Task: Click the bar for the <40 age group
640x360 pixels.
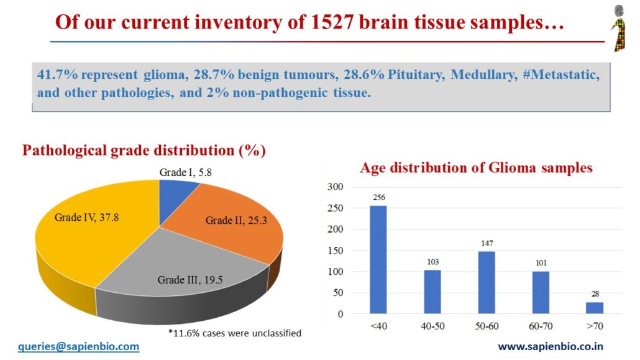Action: [x=378, y=260]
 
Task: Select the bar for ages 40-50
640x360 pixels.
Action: [x=432, y=292]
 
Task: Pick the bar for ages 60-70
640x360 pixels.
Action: [x=541, y=293]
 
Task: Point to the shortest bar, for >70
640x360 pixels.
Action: [x=594, y=308]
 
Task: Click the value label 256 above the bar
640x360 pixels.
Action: [x=378, y=198]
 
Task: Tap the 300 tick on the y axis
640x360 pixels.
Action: [x=334, y=187]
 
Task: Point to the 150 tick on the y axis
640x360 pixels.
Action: [x=334, y=251]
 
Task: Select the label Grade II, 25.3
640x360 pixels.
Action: [x=236, y=220]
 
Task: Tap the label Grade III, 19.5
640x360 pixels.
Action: [x=188, y=280]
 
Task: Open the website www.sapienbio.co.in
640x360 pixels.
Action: [x=551, y=347]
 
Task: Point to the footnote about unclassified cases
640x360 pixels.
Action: [x=235, y=333]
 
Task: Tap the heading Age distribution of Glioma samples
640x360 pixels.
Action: [x=477, y=168]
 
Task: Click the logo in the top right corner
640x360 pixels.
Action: [x=619, y=28]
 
